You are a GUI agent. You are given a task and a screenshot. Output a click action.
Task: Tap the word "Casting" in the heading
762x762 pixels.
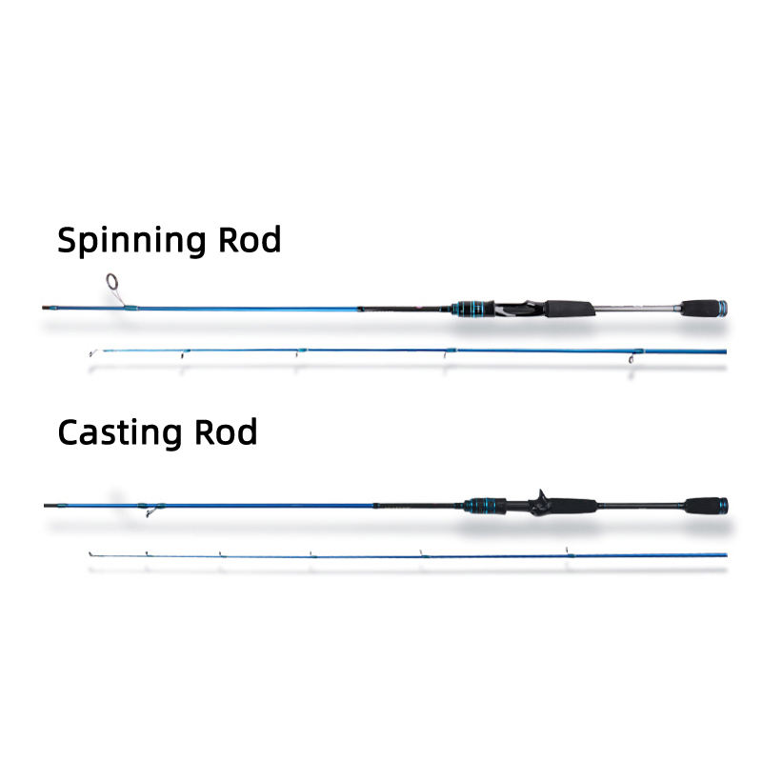pyautogui.click(x=120, y=432)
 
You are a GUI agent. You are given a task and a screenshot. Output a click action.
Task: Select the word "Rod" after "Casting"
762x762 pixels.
pyautogui.click(x=226, y=432)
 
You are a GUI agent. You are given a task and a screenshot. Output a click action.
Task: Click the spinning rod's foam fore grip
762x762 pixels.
pyautogui.click(x=569, y=309)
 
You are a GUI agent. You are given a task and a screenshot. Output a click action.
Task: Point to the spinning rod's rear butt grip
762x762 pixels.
pyautogui.click(x=700, y=308)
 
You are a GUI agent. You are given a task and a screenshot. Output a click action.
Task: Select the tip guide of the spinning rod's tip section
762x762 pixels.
pyautogui.click(x=91, y=353)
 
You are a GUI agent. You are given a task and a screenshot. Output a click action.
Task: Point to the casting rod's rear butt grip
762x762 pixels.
pyautogui.click(x=702, y=505)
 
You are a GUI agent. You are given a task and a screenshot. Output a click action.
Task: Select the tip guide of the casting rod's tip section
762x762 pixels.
pyautogui.click(x=90, y=552)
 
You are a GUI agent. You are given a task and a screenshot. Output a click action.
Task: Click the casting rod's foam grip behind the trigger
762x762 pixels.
pyautogui.click(x=571, y=505)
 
